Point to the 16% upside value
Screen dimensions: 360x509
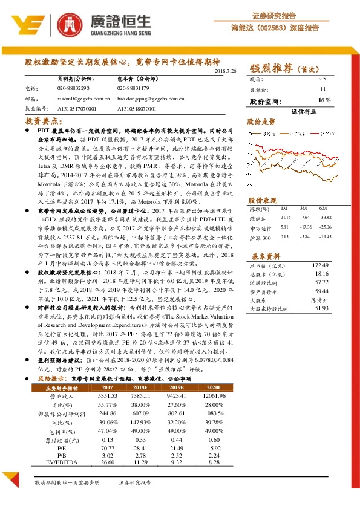point(324,100)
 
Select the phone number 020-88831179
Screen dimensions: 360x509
point(136,88)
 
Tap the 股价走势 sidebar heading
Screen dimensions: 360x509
point(261,122)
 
